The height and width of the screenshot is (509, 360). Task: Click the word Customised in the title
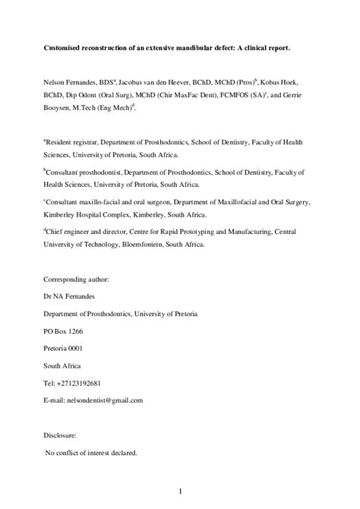tap(62, 48)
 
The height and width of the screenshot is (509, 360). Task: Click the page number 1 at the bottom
tap(180, 493)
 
